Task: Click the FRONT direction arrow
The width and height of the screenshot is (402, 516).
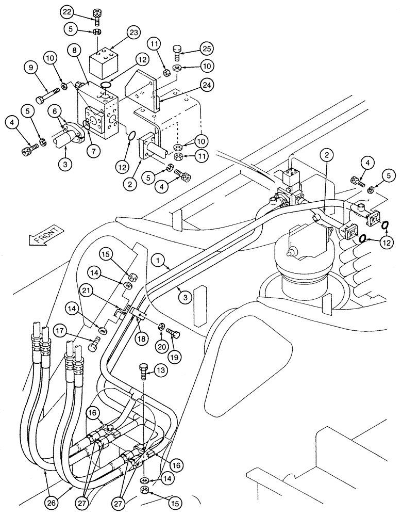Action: coord(45,236)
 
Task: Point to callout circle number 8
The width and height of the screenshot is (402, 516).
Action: coord(75,51)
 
